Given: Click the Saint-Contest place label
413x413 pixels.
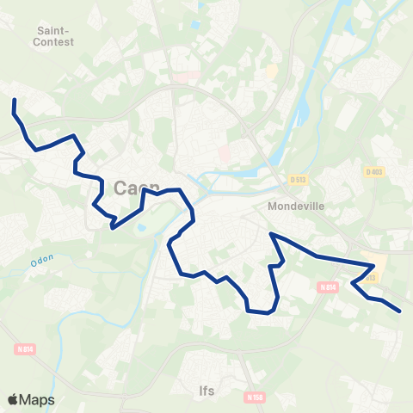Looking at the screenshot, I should point(54,34).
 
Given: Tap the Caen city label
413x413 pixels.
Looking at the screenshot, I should point(130,187).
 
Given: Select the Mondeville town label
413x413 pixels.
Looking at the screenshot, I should point(293,206).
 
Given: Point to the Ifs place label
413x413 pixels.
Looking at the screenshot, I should point(206,390).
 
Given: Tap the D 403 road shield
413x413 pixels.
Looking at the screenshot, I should point(373,172).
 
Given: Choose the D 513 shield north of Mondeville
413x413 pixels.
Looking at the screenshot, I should point(299,179).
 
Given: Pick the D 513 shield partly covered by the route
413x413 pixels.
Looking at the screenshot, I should point(371,277).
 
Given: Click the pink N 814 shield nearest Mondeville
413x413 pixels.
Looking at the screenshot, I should point(326,287).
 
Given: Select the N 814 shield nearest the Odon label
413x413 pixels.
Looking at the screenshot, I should point(25,348).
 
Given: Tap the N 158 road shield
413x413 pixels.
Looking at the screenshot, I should point(253,398).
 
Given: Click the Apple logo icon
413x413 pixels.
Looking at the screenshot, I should point(13,399).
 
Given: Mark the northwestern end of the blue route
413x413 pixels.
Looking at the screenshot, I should point(15,102).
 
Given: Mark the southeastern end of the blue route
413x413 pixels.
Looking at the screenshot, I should point(400,310).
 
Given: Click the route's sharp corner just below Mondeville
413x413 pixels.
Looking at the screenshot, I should point(271,233).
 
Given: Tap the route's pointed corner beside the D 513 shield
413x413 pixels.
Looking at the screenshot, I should point(373,265).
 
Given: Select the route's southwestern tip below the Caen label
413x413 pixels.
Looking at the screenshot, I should point(112,228).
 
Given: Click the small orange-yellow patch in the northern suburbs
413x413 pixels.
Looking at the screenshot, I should point(272,71).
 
